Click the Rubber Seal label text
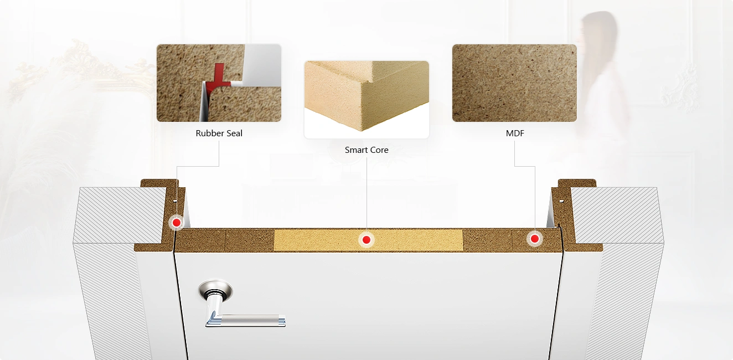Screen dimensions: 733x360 coord(219,133)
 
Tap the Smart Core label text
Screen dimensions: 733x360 coord(366,150)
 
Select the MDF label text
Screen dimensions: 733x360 coord(515,133)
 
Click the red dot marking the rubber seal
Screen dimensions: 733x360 coord(177,223)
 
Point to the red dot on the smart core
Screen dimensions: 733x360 coord(366,240)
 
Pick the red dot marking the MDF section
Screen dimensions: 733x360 coord(535,239)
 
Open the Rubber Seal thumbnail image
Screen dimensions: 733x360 coord(219,83)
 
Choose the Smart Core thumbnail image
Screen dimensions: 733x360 coord(366,100)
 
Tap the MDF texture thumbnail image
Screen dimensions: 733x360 coord(514,83)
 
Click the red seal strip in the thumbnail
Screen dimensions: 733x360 coord(219,78)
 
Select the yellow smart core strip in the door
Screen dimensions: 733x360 coord(368,240)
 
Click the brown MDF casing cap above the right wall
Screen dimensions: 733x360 coord(577,183)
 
